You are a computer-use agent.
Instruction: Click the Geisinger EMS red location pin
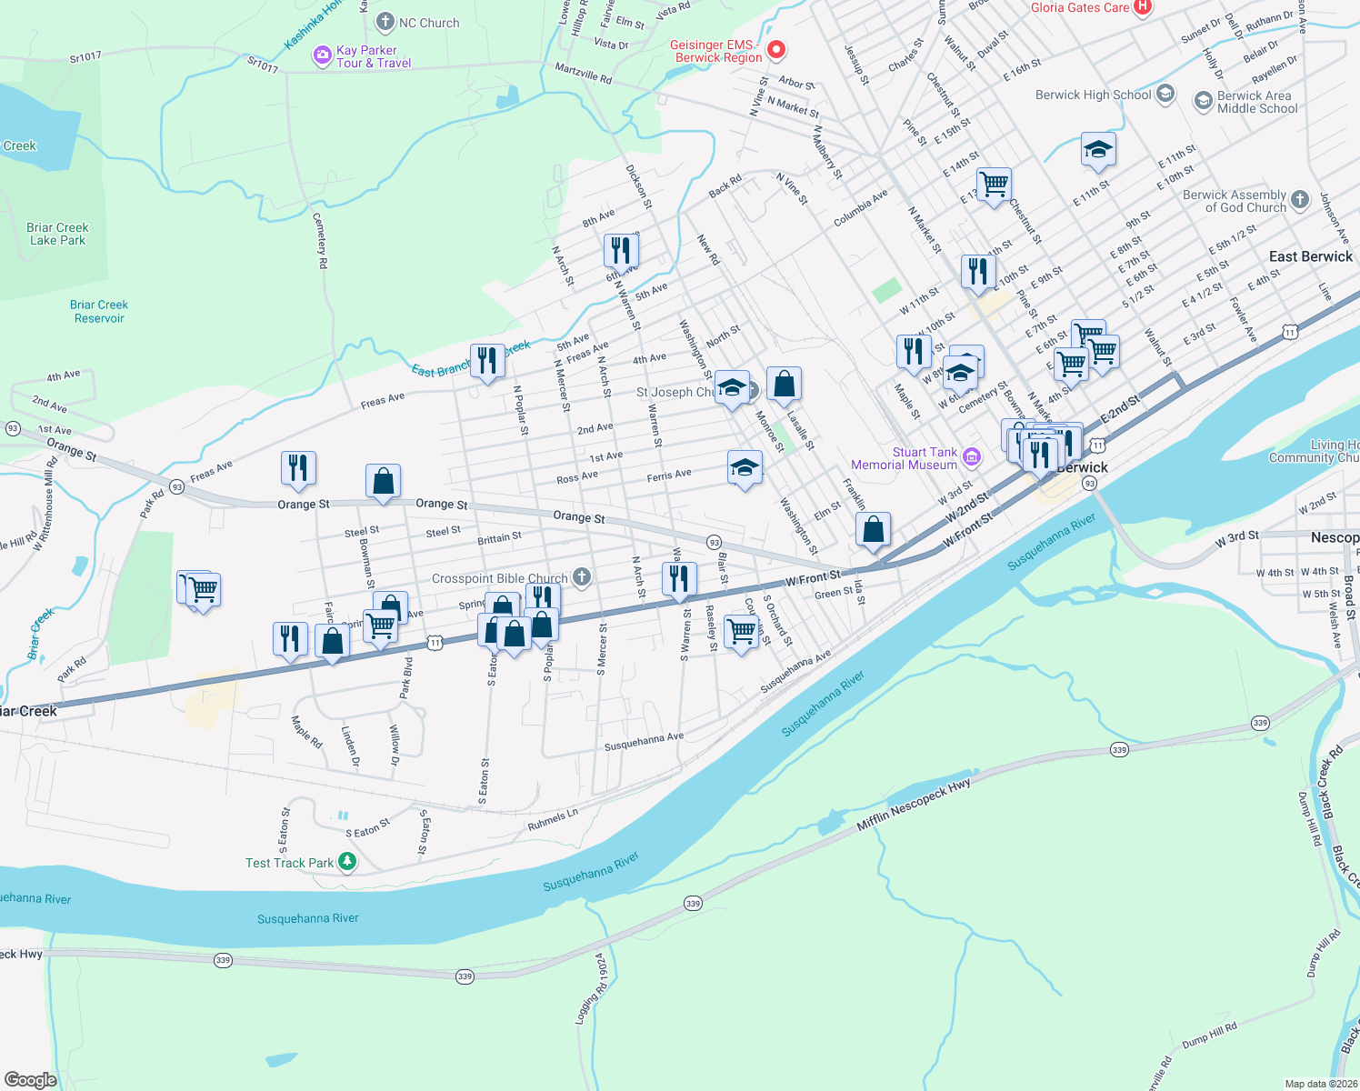(x=775, y=49)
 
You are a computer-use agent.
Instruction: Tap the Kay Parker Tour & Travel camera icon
(x=322, y=56)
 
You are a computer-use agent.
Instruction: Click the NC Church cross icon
(x=385, y=22)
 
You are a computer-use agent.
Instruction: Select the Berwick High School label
(x=1093, y=95)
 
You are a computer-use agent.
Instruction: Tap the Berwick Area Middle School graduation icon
(x=1204, y=101)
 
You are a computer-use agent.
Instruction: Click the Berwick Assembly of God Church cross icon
(x=1300, y=200)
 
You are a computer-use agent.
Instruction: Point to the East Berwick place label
(x=1310, y=257)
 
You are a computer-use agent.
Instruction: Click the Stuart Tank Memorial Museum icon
(x=972, y=456)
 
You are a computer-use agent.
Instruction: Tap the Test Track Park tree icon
(x=346, y=861)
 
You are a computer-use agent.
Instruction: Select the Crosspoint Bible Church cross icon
(x=582, y=577)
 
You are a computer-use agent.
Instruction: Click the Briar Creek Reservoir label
(x=99, y=311)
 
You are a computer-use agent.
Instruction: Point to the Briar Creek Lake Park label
(x=57, y=234)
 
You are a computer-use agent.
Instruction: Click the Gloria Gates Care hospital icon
(x=1143, y=7)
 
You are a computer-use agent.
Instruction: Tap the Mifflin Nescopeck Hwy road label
(x=914, y=805)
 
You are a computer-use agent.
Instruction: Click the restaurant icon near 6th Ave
(x=621, y=250)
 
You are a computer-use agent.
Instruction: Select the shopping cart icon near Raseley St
(x=742, y=629)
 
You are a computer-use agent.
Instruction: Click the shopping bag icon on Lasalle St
(x=784, y=385)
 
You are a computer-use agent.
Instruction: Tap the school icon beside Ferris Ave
(x=745, y=467)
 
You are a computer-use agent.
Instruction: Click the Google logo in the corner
(x=31, y=1079)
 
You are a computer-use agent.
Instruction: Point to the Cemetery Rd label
(x=320, y=240)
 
